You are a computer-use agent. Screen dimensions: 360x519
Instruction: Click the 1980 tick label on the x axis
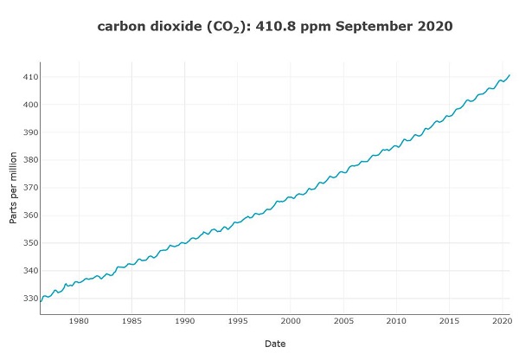pos(79,321)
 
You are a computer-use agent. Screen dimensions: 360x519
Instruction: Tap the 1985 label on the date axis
pos(131,321)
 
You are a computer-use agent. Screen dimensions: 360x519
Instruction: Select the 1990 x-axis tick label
pos(184,321)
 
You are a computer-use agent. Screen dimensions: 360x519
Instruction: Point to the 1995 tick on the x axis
pos(237,321)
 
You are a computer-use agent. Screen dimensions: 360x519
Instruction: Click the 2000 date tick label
pos(291,321)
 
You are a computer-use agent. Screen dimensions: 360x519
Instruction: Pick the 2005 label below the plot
pos(343,321)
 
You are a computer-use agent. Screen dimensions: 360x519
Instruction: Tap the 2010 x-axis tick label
pos(396,321)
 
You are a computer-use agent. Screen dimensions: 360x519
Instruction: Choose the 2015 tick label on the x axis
pos(449,321)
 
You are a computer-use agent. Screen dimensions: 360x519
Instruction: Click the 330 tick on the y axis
pos(29,299)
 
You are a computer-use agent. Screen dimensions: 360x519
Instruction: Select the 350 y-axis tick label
pos(29,243)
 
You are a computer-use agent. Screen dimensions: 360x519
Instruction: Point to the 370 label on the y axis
pos(29,188)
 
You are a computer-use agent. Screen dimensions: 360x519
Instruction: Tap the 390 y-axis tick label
pos(29,132)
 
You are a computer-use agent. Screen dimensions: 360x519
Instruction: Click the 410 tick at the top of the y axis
pos(29,77)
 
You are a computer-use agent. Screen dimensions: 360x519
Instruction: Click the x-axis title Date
pos(275,344)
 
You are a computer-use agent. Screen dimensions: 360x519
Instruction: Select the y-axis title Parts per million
pos(14,188)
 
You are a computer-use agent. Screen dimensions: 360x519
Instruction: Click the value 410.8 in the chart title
pos(276,27)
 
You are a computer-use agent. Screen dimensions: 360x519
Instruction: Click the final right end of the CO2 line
pos(509,74)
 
